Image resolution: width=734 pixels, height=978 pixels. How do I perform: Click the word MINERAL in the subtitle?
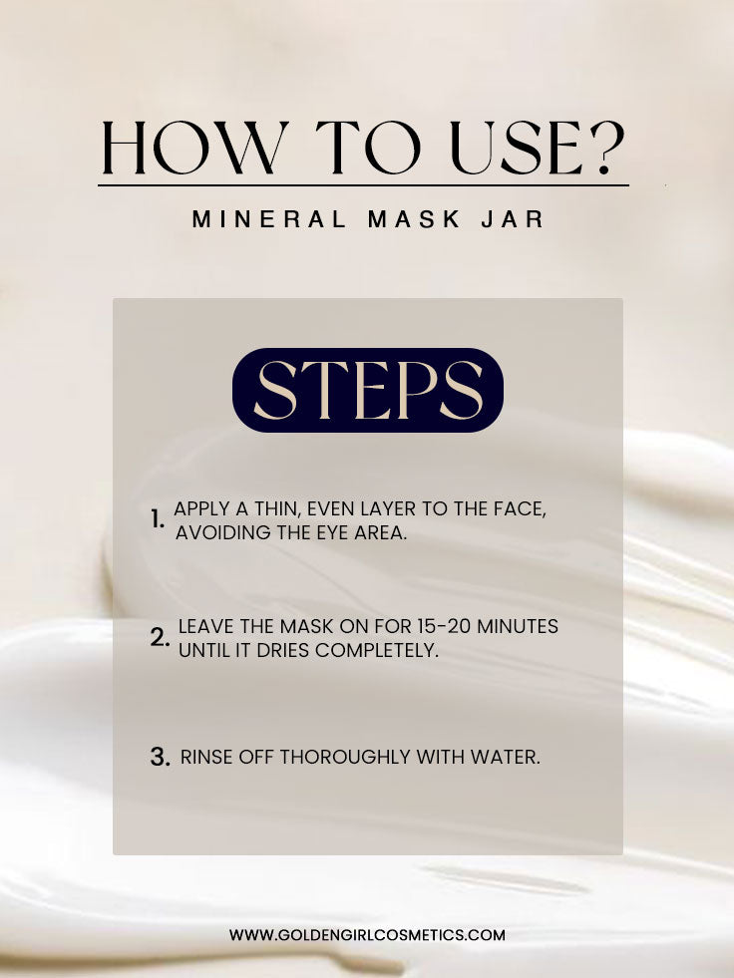(x=269, y=219)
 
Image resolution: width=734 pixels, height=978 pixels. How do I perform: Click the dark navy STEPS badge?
(x=368, y=390)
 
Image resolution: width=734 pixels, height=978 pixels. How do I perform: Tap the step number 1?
(x=158, y=519)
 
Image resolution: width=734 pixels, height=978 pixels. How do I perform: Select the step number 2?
(x=160, y=637)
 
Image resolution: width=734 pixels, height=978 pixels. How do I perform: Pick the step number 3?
(x=160, y=758)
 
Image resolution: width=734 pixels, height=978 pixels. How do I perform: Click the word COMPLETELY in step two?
(x=377, y=650)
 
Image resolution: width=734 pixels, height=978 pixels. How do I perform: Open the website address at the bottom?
(x=367, y=935)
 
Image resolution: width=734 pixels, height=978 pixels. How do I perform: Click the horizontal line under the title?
(x=363, y=185)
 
